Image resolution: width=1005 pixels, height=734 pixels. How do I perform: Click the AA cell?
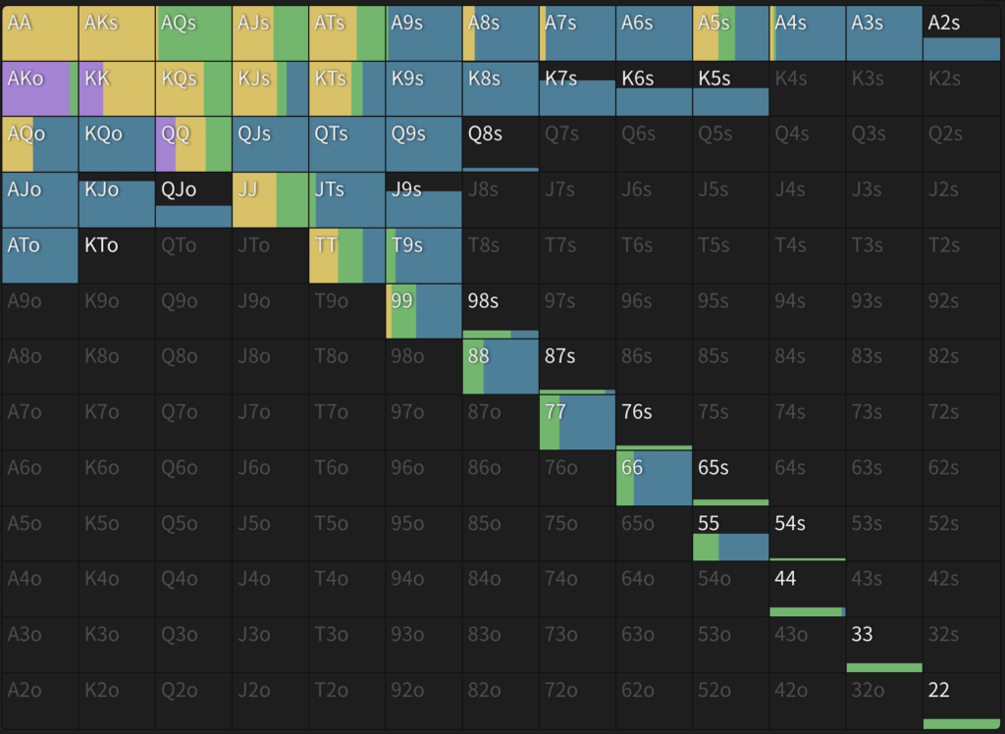[x=39, y=32]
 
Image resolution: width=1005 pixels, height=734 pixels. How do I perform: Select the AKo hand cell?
[x=39, y=88]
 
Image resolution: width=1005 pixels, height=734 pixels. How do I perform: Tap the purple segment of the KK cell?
[x=90, y=88]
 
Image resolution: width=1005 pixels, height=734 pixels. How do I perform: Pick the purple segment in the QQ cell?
[x=166, y=144]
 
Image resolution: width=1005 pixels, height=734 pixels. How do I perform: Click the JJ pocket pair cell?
[x=270, y=199]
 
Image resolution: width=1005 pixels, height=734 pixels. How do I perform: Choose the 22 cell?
[x=961, y=701]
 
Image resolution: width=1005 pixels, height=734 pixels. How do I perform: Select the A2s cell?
[x=961, y=32]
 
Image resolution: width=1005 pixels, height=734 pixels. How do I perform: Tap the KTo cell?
[x=116, y=255]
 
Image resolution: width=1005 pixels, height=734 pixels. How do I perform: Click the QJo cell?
[x=193, y=199]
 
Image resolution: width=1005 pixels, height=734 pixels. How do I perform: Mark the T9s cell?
[x=423, y=255]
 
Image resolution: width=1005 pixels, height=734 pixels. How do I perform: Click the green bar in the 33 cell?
[x=883, y=667]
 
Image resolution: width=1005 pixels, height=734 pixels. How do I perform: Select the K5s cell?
[x=730, y=88]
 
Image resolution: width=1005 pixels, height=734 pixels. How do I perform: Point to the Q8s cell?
[x=501, y=144]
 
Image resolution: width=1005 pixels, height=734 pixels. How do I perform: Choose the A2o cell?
[x=39, y=701]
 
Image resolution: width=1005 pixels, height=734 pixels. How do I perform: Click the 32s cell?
[x=961, y=645]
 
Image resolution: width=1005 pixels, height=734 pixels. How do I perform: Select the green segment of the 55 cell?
[x=706, y=547]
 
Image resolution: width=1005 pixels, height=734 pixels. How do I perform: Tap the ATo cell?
[x=39, y=255]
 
